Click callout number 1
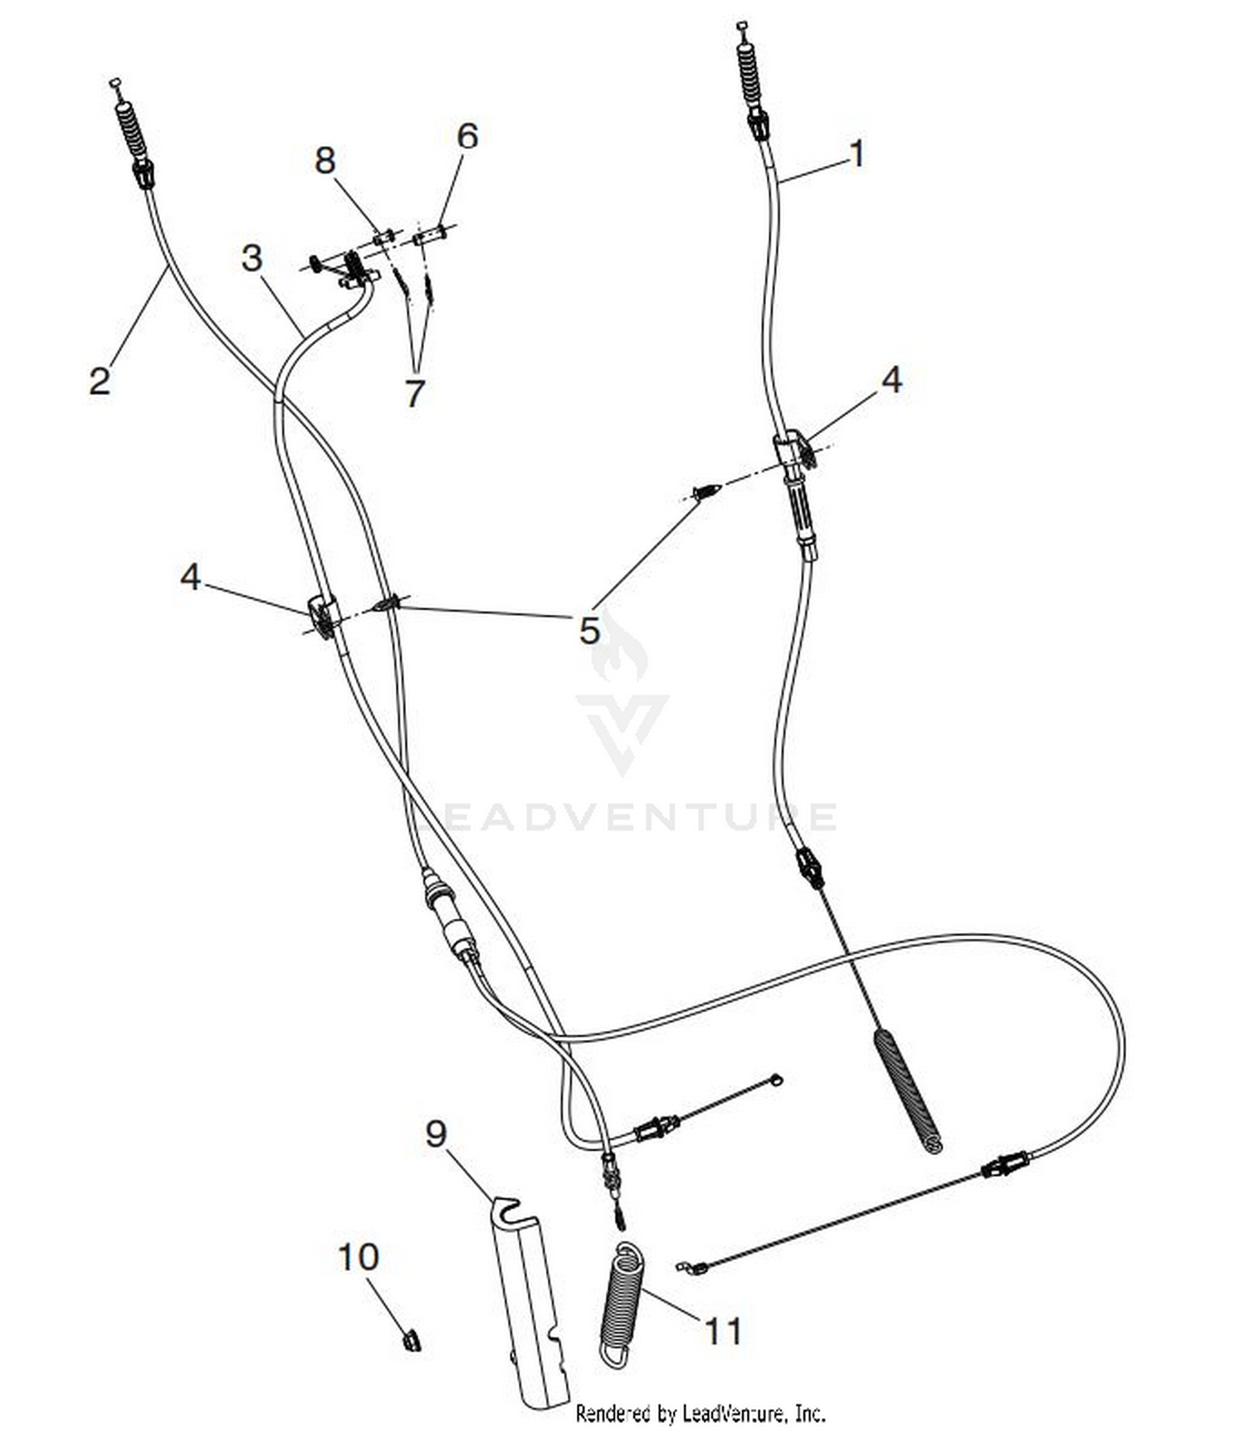tap(857, 154)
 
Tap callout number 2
tap(100, 380)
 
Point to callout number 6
tap(468, 136)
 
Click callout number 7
tap(415, 393)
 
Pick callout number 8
tap(325, 160)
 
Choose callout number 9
tap(436, 1133)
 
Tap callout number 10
tap(359, 1257)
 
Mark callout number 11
tap(723, 1332)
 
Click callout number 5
tap(589, 630)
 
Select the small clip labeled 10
tap(411, 1340)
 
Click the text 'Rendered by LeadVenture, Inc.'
tap(701, 1413)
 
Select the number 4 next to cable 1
tap(891, 380)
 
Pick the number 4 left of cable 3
tap(191, 577)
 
